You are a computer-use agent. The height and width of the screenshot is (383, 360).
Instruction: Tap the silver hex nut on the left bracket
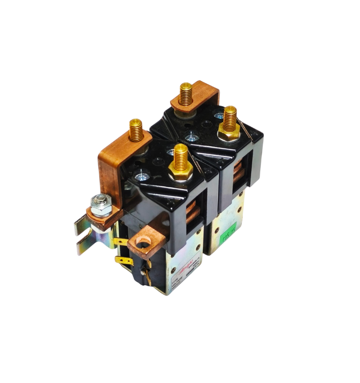pyautogui.click(x=101, y=203)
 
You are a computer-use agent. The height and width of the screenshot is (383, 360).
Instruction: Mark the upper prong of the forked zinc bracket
pyautogui.click(x=82, y=225)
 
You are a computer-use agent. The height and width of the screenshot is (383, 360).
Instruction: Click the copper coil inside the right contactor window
pyautogui.click(x=238, y=173)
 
